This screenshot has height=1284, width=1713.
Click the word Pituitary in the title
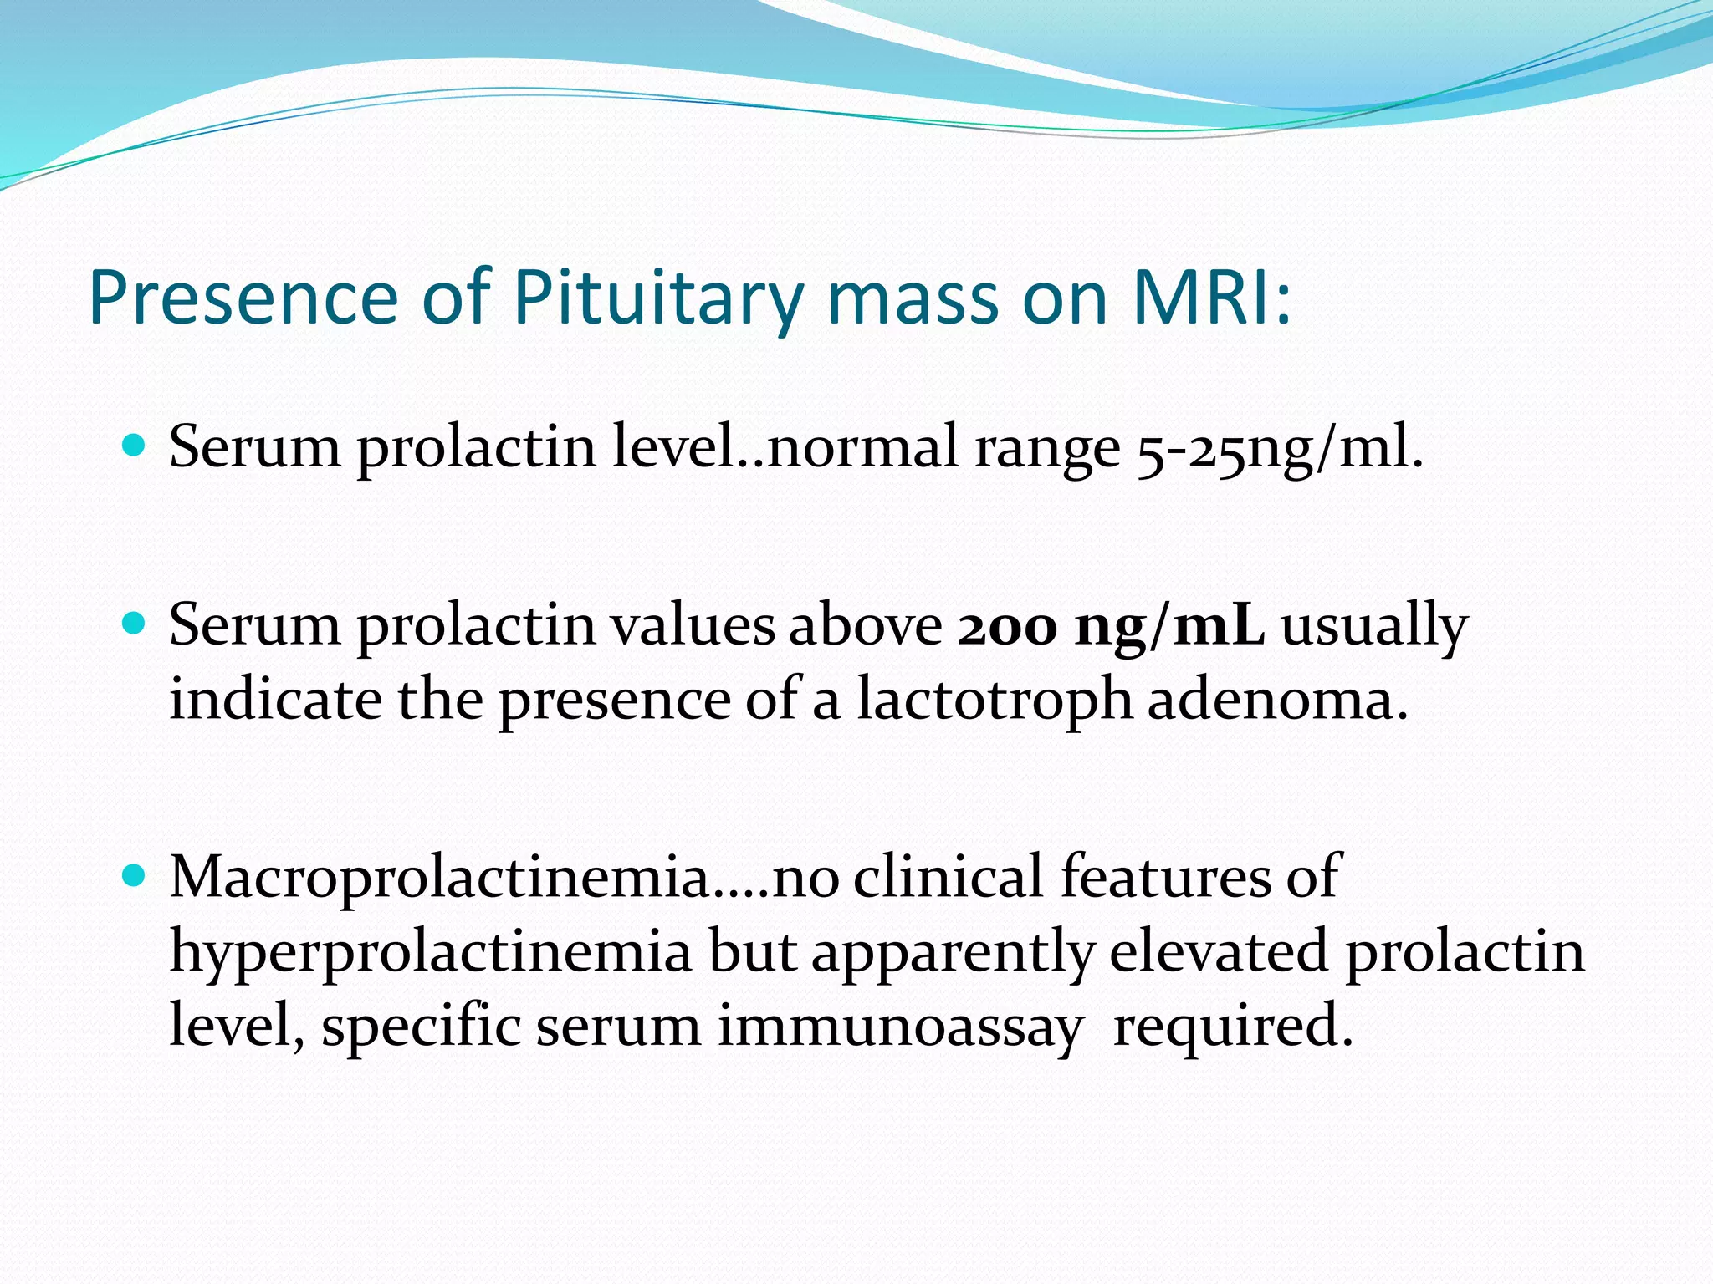657,299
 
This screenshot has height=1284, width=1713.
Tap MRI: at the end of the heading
1211,298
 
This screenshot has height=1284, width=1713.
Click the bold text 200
1007,626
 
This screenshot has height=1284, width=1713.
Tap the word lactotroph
994,700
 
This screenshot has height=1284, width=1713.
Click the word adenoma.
1277,700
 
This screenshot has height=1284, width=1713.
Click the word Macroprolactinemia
440,878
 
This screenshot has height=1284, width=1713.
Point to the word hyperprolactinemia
430,953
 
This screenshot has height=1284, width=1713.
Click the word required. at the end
1233,1028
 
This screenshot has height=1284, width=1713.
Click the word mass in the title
913,299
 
